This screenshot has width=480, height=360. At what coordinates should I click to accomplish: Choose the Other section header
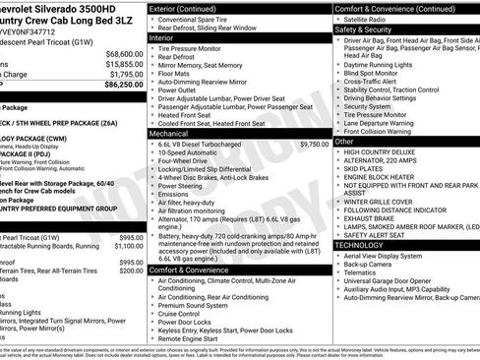345,142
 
